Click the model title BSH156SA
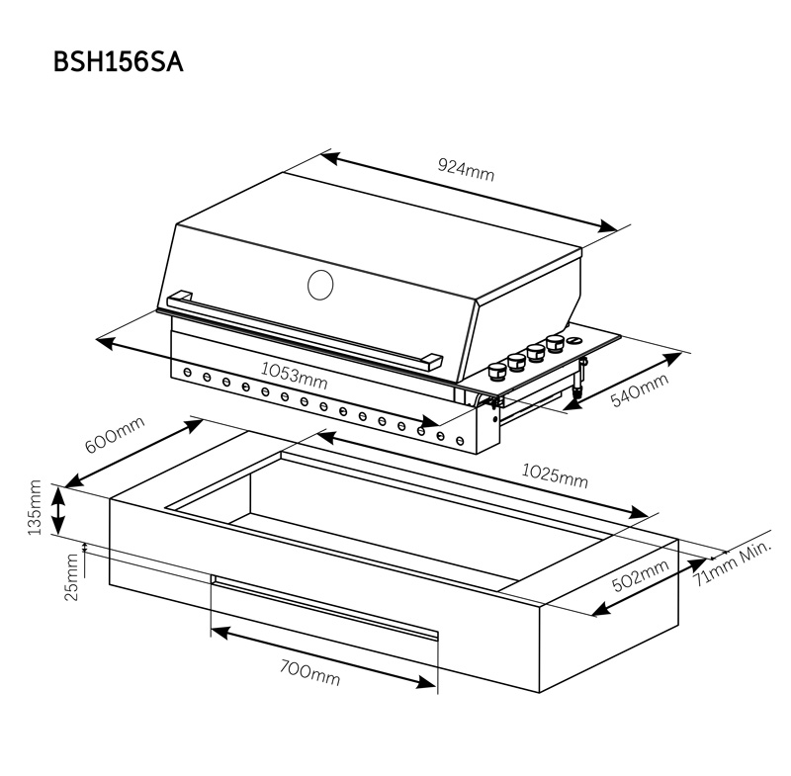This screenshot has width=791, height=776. [x=118, y=63]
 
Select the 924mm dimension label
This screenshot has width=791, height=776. [x=466, y=169]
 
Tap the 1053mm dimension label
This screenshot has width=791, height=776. [x=294, y=376]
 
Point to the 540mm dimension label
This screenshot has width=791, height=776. [x=639, y=389]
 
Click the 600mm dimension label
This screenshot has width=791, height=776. [x=115, y=434]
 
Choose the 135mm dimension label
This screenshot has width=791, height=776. [x=35, y=507]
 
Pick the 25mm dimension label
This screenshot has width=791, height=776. [x=72, y=577]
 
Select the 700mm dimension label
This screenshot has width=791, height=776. [x=309, y=673]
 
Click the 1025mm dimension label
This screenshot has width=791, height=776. [x=555, y=476]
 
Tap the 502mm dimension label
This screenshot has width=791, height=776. [x=640, y=575]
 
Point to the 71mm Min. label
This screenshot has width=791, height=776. [x=732, y=562]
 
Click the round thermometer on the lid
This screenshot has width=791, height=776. [x=320, y=285]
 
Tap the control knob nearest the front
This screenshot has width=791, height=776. [x=497, y=373]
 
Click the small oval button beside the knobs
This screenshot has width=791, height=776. [x=574, y=341]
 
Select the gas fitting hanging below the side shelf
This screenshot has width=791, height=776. [x=579, y=378]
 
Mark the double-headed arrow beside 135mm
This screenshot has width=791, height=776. [x=58, y=511]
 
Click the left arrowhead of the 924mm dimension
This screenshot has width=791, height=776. [x=330, y=157]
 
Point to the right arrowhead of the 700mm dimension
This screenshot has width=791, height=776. [x=426, y=682]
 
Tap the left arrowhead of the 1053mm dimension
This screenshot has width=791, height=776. [x=105, y=342]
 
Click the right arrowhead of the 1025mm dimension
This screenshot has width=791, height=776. [x=638, y=512]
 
